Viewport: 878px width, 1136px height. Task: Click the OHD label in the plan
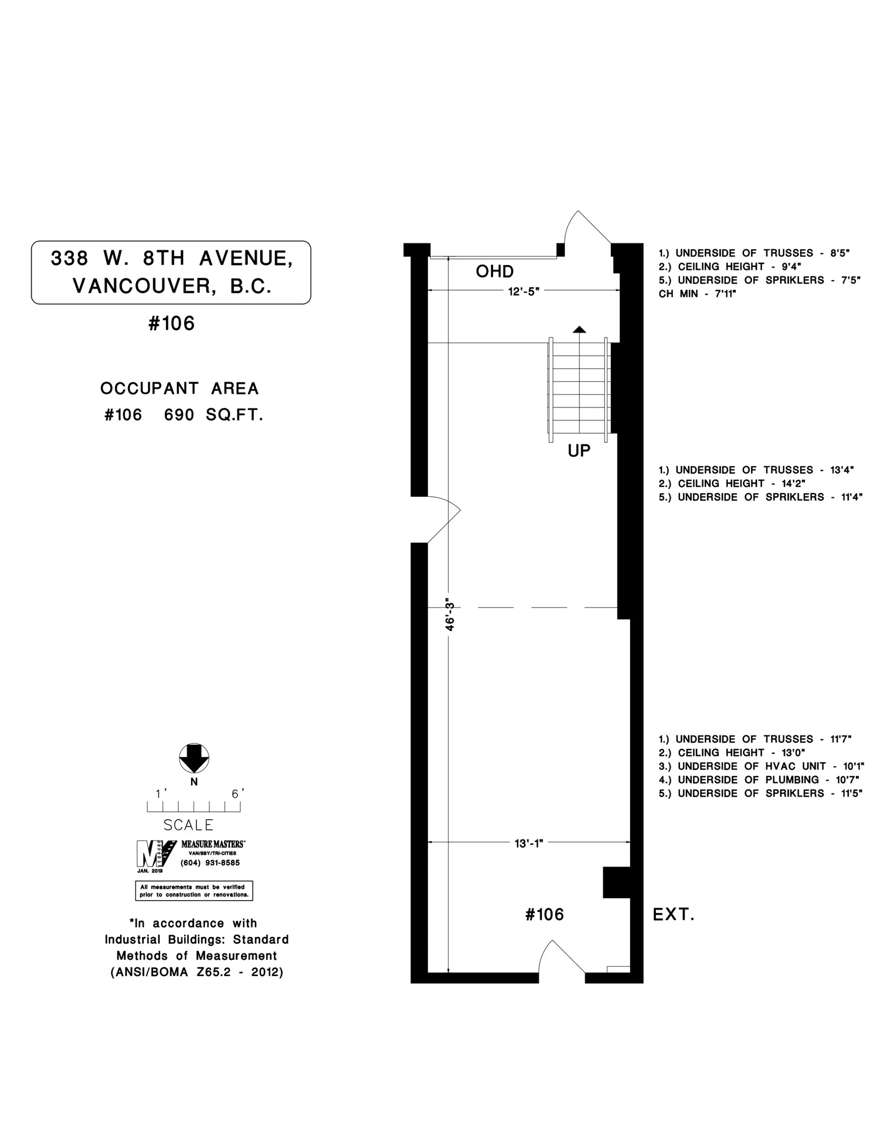(x=494, y=272)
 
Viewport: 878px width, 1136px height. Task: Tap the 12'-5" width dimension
(x=524, y=291)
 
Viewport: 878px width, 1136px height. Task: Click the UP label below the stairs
(x=579, y=450)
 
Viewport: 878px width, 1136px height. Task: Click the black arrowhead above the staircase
(x=579, y=329)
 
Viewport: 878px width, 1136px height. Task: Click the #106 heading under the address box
(x=171, y=324)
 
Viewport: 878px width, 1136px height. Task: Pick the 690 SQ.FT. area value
(x=214, y=415)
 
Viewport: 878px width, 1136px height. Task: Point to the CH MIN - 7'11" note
(x=697, y=294)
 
